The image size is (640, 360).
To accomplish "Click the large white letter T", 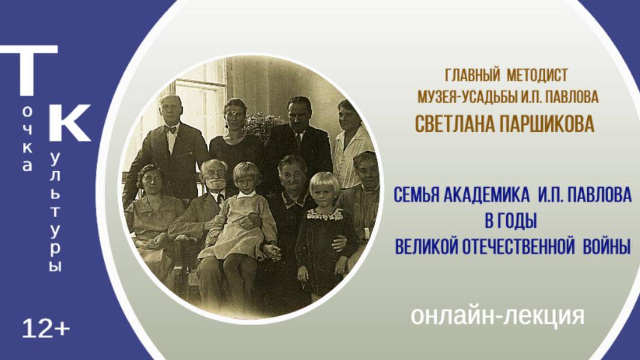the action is point(29,70).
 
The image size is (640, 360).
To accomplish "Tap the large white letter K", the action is point(70,122).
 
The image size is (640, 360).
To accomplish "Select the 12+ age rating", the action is point(46,329).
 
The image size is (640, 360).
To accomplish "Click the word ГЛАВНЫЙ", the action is point(472,75).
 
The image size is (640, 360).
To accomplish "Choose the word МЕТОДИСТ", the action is point(537,75).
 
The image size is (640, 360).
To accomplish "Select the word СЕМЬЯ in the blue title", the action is point(416,194).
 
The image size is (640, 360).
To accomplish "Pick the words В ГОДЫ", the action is point(511,221).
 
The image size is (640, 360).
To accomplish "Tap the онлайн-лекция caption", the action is point(498,316).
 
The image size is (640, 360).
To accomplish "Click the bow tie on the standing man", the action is point(170,130).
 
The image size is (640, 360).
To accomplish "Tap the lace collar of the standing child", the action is point(325,214).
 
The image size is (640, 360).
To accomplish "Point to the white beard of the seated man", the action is point(215,183).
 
